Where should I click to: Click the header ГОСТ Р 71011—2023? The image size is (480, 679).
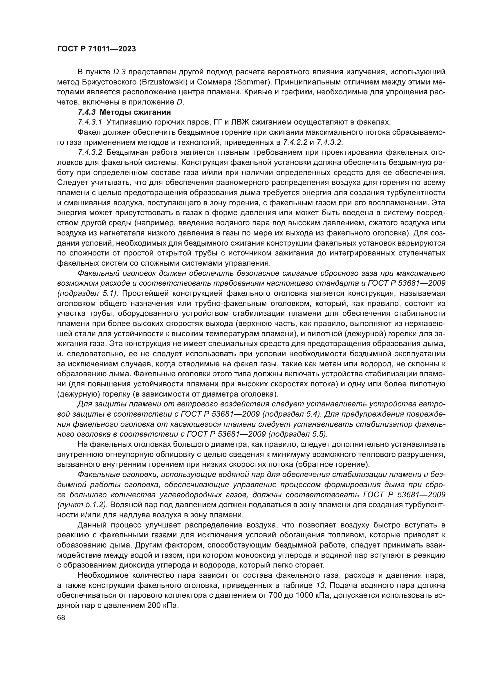96,49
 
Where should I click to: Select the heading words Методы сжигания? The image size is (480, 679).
135,112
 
